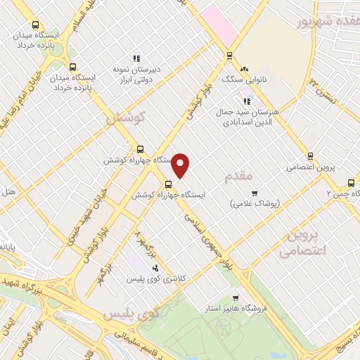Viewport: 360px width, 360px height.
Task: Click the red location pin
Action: coord(181,165)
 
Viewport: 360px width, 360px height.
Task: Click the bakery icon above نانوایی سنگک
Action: coord(244,69)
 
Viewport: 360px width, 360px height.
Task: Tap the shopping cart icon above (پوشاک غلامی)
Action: coord(255,192)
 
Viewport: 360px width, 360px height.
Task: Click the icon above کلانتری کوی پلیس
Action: coord(155,268)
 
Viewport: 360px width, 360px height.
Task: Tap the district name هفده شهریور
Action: coord(328,22)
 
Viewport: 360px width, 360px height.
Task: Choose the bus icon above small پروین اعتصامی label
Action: coord(310,157)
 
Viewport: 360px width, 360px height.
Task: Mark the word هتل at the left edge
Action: coord(8,191)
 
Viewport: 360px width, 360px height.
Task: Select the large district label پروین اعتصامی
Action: coord(305,242)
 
